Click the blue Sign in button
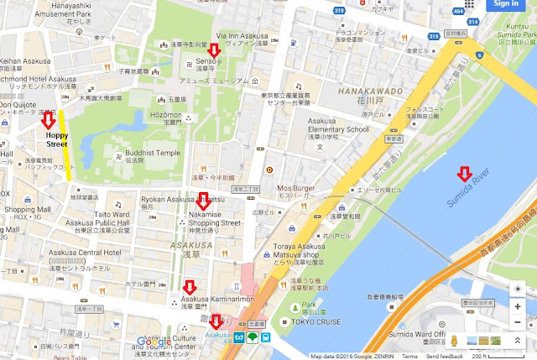click(x=506, y=4)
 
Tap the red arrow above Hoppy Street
click(x=50, y=120)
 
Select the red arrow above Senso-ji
click(x=213, y=53)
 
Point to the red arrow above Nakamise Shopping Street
click(x=203, y=201)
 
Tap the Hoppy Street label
click(x=56, y=138)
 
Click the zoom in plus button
click(x=518, y=305)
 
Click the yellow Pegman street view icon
click(x=455, y=342)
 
